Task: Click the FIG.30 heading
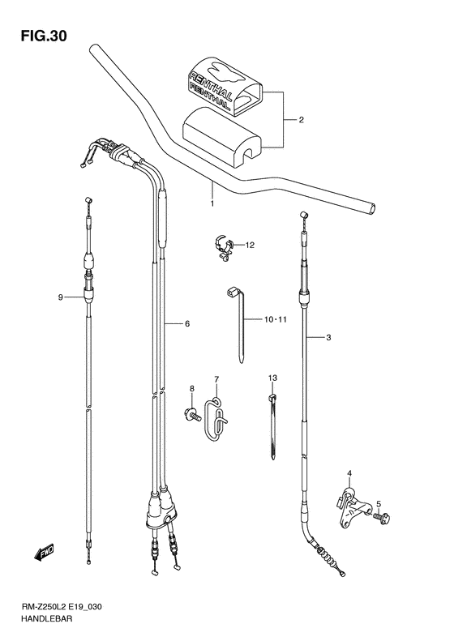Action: click(x=44, y=36)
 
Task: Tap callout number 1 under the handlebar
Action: click(x=212, y=203)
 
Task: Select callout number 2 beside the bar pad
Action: click(x=301, y=120)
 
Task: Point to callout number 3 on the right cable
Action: click(x=329, y=338)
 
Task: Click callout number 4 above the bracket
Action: click(x=349, y=473)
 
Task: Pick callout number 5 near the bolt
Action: click(x=379, y=504)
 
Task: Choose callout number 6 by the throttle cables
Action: click(x=187, y=324)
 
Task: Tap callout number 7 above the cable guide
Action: click(x=216, y=379)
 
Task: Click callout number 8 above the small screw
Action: click(x=192, y=388)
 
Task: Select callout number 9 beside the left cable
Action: click(x=60, y=297)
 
